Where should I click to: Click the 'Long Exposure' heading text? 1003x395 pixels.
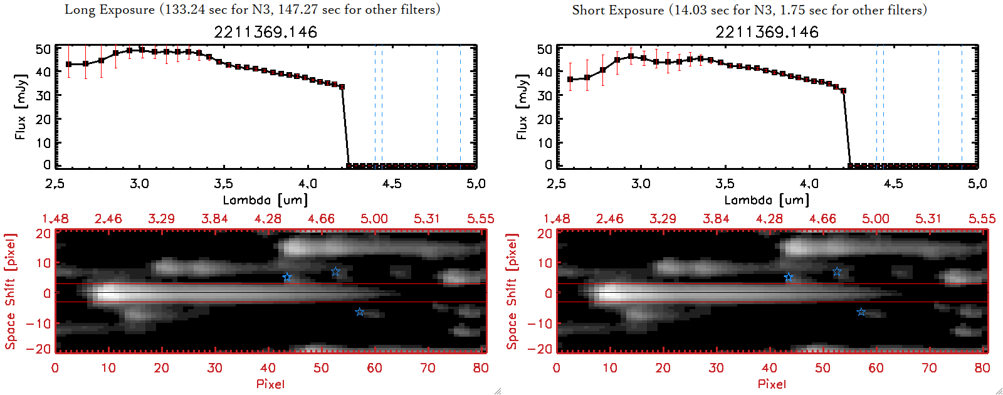(109, 10)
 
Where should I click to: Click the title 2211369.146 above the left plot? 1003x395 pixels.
(265, 32)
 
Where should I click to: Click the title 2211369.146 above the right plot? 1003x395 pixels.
(767, 32)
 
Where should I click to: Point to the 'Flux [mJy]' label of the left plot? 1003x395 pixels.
(21, 107)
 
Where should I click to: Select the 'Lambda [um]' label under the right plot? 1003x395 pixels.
(767, 200)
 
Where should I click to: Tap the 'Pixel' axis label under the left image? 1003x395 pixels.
(270, 384)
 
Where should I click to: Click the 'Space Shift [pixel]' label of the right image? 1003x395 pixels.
(512, 292)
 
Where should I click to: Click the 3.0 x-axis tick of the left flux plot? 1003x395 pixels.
(139, 184)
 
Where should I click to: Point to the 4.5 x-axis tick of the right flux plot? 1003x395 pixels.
(893, 184)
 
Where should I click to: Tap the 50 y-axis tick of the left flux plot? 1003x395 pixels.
(43, 49)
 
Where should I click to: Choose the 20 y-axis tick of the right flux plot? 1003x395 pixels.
(545, 119)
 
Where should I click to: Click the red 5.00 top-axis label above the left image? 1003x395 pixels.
(374, 219)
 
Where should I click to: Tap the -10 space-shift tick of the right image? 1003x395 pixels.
(540, 323)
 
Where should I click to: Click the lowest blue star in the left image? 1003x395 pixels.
(360, 312)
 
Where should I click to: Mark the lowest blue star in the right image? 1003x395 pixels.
(861, 312)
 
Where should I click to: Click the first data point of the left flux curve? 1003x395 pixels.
(69, 65)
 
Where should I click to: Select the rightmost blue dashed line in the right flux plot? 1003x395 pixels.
(962, 107)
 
